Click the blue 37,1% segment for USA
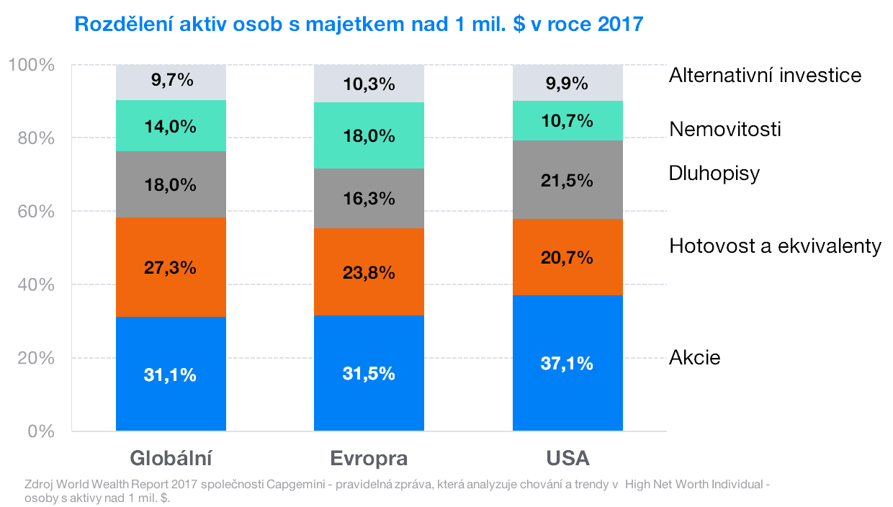[567, 363]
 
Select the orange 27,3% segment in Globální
[171, 267]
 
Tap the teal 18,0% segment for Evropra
[369, 135]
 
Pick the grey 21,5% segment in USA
[567, 180]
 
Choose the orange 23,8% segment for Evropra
[369, 272]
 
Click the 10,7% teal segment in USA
[567, 120]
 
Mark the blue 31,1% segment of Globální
[171, 374]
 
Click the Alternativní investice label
[765, 75]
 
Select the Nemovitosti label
[724, 130]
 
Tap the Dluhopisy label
[714, 174]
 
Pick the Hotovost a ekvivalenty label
[775, 246]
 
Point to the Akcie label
[694, 358]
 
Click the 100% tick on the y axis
[32, 65]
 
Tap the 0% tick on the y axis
[41, 431]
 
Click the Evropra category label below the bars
[369, 459]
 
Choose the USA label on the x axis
[567, 459]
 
